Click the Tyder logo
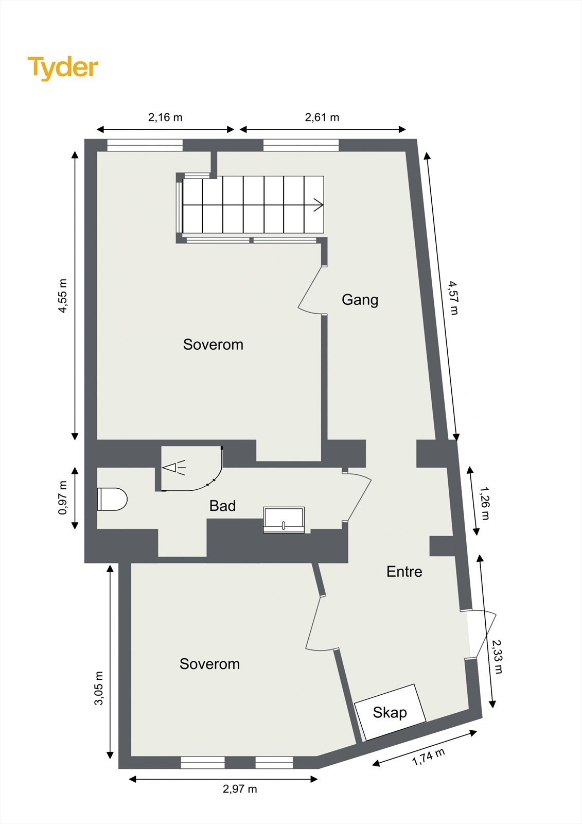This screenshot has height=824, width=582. coord(62,67)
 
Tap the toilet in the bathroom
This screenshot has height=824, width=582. coord(112,499)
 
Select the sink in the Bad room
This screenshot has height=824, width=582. coord(284,519)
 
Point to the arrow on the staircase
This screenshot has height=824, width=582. coord(318,205)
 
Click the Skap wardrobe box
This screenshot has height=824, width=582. coord(390,712)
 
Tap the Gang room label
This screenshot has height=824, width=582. coord(360,299)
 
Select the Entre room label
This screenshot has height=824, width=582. coord(404,571)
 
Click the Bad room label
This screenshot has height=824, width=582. coord(222,506)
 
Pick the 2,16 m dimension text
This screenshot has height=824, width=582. coord(165,117)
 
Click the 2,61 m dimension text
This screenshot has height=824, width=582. coord(322,117)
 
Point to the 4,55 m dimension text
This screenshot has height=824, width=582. coord(62,296)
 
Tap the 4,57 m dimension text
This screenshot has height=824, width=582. coord(453,298)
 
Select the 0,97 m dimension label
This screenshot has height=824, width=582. coord(62,497)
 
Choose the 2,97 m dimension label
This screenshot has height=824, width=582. coord(240,788)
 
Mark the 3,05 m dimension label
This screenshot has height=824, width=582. coord(99,688)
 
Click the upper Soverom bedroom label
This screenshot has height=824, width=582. coord(213,344)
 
